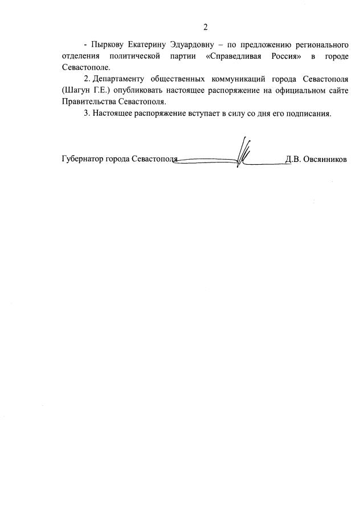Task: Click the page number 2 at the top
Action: (x=206, y=27)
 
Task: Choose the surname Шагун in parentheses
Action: (x=77, y=90)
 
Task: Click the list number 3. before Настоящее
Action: (x=87, y=113)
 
